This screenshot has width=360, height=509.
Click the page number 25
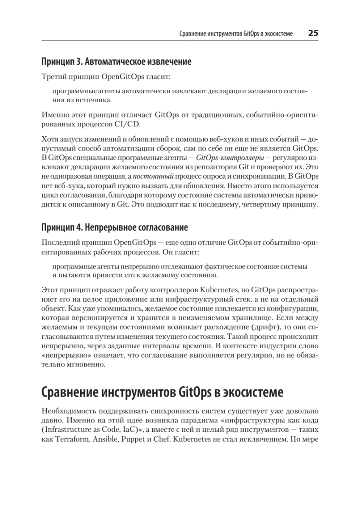pyautogui.click(x=313, y=33)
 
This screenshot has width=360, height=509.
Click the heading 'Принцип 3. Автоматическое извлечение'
pyautogui.click(x=116, y=62)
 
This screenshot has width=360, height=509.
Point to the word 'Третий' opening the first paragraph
pyautogui.click(x=54, y=77)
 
